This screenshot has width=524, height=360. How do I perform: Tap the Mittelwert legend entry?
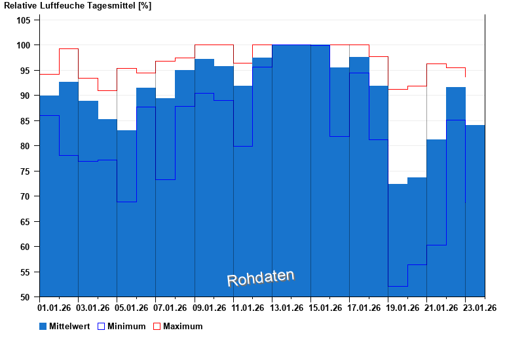(69, 326)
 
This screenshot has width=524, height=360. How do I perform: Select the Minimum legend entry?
(126, 326)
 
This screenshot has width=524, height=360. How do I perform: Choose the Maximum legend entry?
(183, 326)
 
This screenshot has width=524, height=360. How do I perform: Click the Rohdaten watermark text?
(261, 278)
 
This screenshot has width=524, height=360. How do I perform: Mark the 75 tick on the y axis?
(25, 171)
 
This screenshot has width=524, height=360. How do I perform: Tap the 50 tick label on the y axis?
(25, 297)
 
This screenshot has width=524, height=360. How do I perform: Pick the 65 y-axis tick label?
(25, 222)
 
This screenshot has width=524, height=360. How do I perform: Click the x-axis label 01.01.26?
(55, 308)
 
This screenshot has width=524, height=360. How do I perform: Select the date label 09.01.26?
(210, 308)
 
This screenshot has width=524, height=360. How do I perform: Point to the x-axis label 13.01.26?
(287, 308)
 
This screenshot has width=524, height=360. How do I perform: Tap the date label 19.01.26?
(403, 308)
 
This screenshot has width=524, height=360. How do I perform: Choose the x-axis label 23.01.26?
(480, 308)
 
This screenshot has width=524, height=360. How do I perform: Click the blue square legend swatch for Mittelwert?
(43, 326)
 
